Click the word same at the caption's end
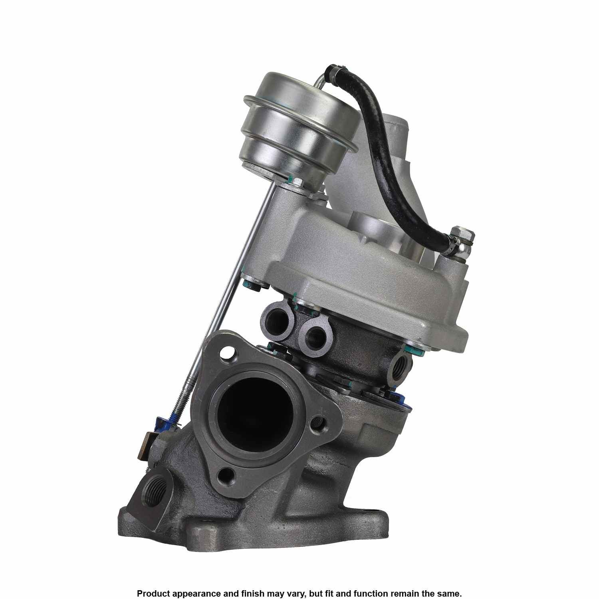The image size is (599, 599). click(x=451, y=582)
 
